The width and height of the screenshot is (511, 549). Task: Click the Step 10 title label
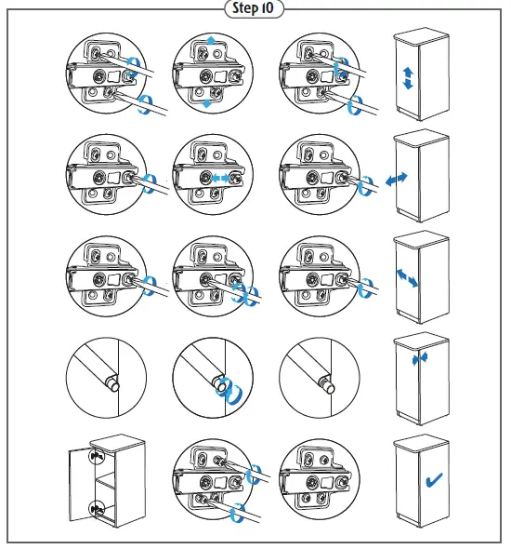coord(253,8)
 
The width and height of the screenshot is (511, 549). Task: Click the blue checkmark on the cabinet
coord(434,479)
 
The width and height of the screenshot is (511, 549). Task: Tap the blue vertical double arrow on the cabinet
coord(408,78)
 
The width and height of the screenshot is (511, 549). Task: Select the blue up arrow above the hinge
coord(211,41)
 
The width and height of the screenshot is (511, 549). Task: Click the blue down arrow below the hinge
coord(207,103)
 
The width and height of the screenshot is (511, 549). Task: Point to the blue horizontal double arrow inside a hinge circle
coord(220,179)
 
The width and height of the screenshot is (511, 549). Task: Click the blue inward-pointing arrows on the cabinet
coord(419,358)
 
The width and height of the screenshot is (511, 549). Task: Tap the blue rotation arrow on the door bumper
coord(229,389)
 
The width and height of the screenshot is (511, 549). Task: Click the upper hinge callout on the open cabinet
coord(97,456)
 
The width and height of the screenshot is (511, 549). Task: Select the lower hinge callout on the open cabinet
coord(97,509)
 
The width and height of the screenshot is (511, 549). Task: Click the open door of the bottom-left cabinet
coord(82,484)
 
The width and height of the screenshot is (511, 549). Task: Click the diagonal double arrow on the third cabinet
coord(407,277)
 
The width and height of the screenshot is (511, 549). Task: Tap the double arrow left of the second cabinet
coord(397,179)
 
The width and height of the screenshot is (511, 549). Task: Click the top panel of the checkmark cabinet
coord(421,444)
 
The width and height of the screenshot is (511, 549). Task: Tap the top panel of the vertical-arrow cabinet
coord(421,37)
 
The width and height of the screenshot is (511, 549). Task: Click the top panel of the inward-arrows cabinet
coord(421,342)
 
